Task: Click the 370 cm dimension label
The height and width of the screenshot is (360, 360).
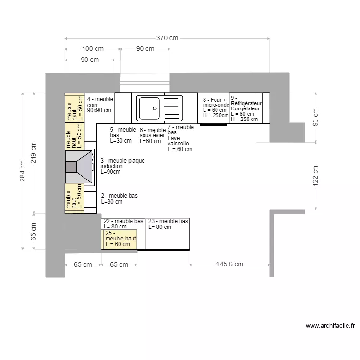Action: pos(167,38)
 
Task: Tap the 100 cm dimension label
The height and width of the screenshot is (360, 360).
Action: pos(93,48)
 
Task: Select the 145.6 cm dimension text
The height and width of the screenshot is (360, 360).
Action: pos(229,264)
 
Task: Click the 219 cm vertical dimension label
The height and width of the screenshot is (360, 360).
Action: pos(33,153)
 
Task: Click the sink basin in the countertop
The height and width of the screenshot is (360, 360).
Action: pos(149,108)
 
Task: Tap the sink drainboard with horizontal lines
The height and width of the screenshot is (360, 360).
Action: pos(173,108)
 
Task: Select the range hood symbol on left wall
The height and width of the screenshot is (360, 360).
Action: pos(79,167)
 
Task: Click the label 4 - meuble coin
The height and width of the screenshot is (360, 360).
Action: pos(100,104)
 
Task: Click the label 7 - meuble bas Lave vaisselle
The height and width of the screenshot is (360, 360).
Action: pos(180,138)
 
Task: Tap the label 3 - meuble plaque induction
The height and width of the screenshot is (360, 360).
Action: pos(122,166)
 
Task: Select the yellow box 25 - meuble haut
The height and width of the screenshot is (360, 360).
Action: pos(120,239)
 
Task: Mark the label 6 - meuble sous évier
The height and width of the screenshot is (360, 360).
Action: pos(152,135)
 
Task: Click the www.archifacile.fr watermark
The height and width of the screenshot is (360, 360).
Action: pos(330,325)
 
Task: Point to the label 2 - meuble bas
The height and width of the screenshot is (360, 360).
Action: pos(119,199)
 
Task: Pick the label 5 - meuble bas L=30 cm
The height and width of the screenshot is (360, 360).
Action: pos(123,135)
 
